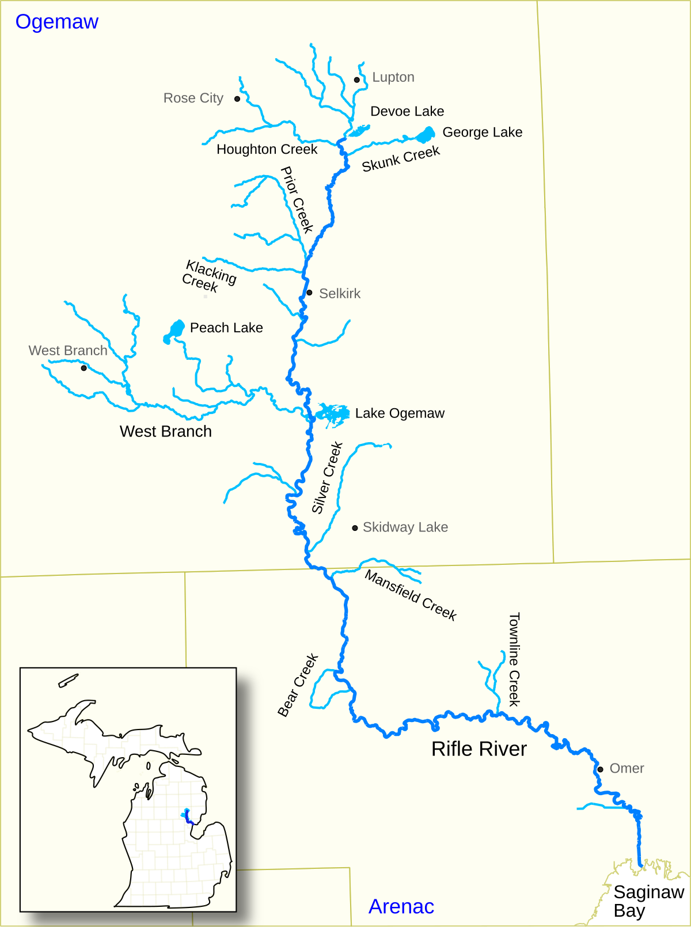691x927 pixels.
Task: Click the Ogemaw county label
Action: tap(56, 22)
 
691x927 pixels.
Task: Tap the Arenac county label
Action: tap(401, 906)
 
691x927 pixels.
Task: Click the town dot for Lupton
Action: tap(357, 80)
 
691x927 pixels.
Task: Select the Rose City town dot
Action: tap(237, 99)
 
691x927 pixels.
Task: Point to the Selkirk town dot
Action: tap(309, 292)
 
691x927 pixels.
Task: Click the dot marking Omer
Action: tap(600, 769)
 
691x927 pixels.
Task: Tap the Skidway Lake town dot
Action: tap(355, 528)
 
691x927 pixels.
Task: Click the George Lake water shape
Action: tap(426, 135)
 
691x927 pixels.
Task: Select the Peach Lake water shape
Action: tap(176, 330)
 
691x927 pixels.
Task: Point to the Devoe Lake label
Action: tap(407, 111)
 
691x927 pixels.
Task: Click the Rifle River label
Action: tap(479, 749)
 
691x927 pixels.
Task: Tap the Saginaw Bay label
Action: tap(648, 901)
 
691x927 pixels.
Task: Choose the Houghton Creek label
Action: tap(267, 149)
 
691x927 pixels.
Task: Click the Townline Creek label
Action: tap(514, 659)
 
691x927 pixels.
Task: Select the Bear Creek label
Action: tap(298, 685)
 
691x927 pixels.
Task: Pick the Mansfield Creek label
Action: tap(411, 596)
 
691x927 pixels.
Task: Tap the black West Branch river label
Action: tap(165, 431)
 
